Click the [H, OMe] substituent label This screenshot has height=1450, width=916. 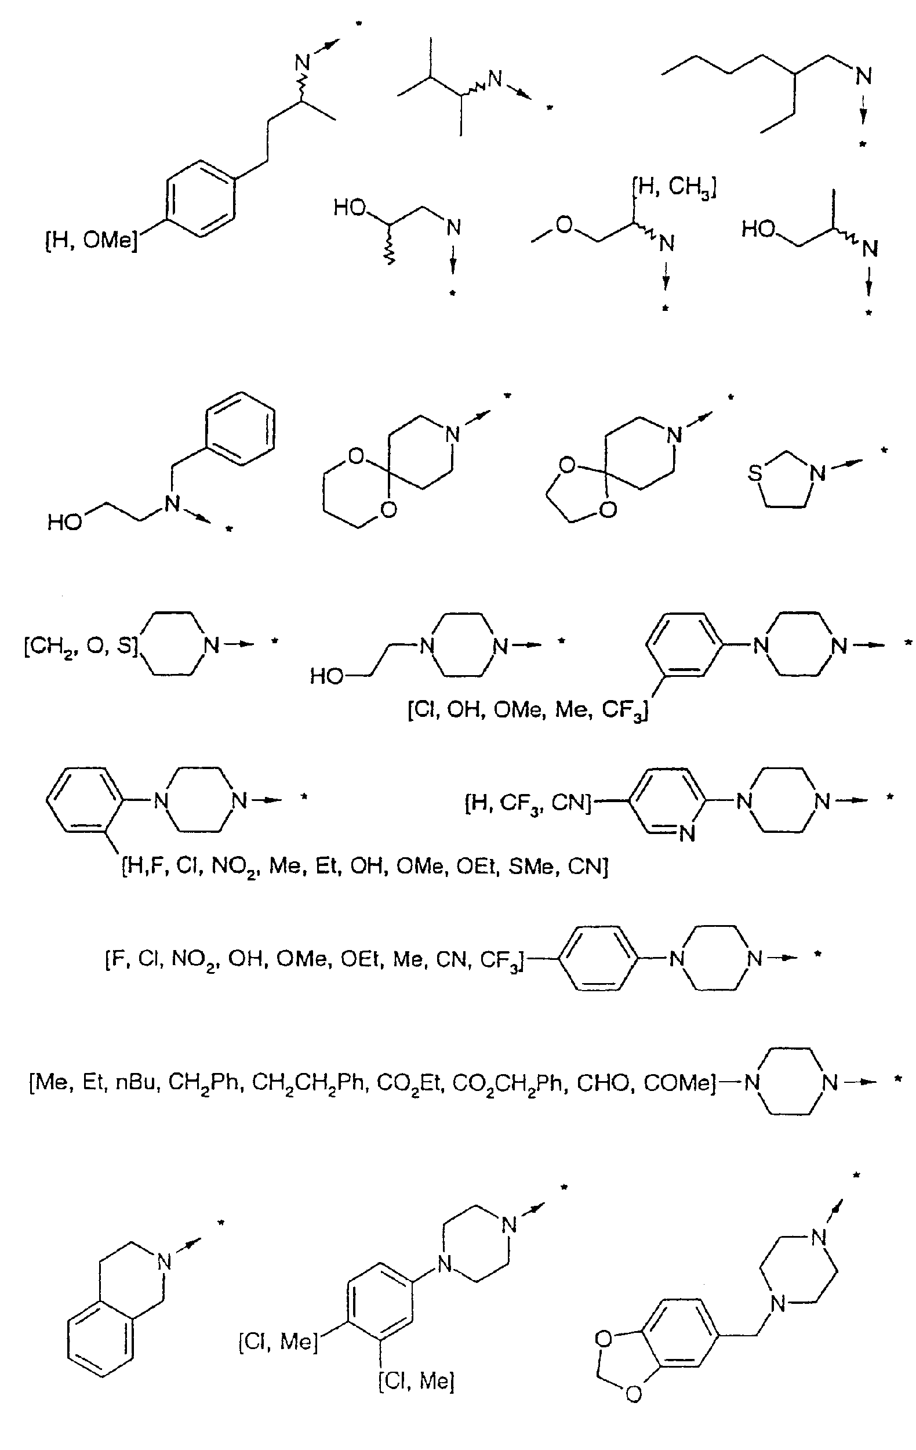coord(92,241)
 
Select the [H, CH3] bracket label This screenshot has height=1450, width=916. coord(674,188)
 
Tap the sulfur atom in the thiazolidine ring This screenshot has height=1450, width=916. coord(755,473)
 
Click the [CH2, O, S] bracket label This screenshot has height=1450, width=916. coord(81,647)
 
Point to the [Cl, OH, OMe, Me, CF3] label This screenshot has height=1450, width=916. coord(528,711)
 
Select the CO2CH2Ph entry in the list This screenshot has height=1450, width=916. coord(510,1083)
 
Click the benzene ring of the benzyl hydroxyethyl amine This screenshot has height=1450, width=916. coord(241,428)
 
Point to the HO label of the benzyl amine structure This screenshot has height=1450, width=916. coord(65,521)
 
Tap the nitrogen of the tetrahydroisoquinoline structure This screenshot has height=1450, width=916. coord(164,1261)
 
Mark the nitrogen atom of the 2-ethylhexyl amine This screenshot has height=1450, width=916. coord(864,77)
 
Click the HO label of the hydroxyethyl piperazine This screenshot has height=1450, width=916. coord(327,677)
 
